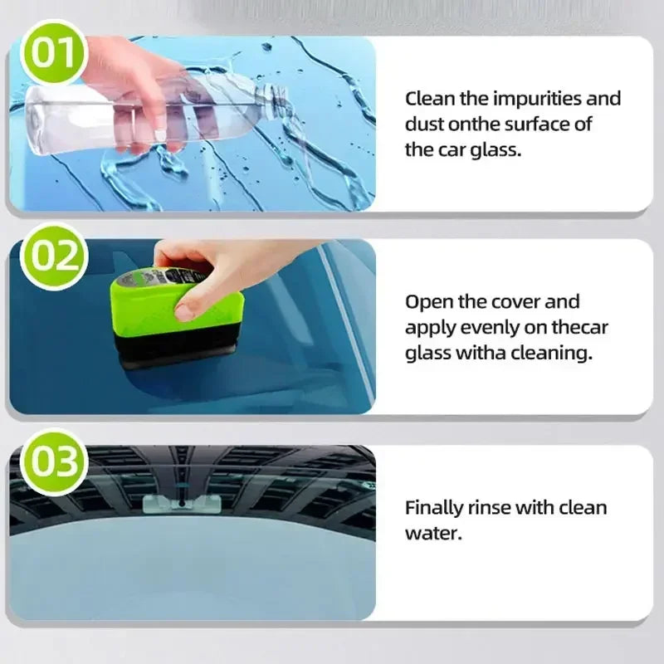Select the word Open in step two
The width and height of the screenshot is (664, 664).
pos(427,302)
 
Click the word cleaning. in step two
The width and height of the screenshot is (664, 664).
pos(552,353)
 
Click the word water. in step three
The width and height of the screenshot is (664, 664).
pos(432,532)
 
